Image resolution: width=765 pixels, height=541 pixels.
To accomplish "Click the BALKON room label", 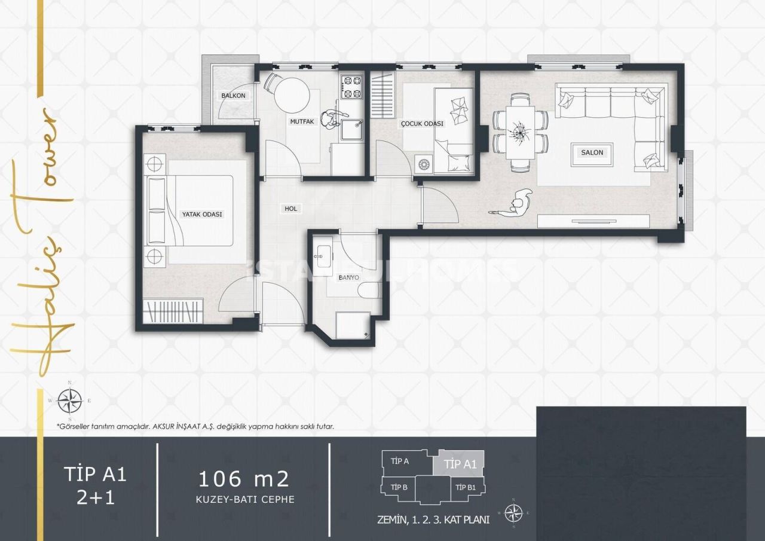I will coord(233,96).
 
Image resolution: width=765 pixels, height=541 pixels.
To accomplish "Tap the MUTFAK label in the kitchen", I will coord(302,121).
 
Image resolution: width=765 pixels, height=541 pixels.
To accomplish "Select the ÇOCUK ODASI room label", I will coord(422,124).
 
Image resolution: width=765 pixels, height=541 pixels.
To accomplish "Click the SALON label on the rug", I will coord(592,152).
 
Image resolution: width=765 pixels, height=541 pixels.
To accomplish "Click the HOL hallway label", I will coord(291,209).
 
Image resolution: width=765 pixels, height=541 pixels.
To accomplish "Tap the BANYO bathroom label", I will coord(348,277).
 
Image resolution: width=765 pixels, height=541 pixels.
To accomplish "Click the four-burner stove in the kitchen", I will coord(352,87).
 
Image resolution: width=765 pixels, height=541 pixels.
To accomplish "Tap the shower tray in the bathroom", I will coord(352,325).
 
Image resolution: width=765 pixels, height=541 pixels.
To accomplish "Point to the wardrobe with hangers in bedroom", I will coord(173,311).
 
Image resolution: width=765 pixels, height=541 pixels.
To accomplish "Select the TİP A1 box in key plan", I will coord(461,463).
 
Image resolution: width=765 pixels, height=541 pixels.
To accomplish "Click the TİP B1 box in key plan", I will coord(466,487).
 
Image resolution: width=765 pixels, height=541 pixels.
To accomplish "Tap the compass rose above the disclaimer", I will coord(70,401).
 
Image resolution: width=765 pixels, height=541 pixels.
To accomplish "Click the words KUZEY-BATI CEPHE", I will coord(246,499).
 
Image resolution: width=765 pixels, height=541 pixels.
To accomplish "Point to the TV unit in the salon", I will coord(593,221).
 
